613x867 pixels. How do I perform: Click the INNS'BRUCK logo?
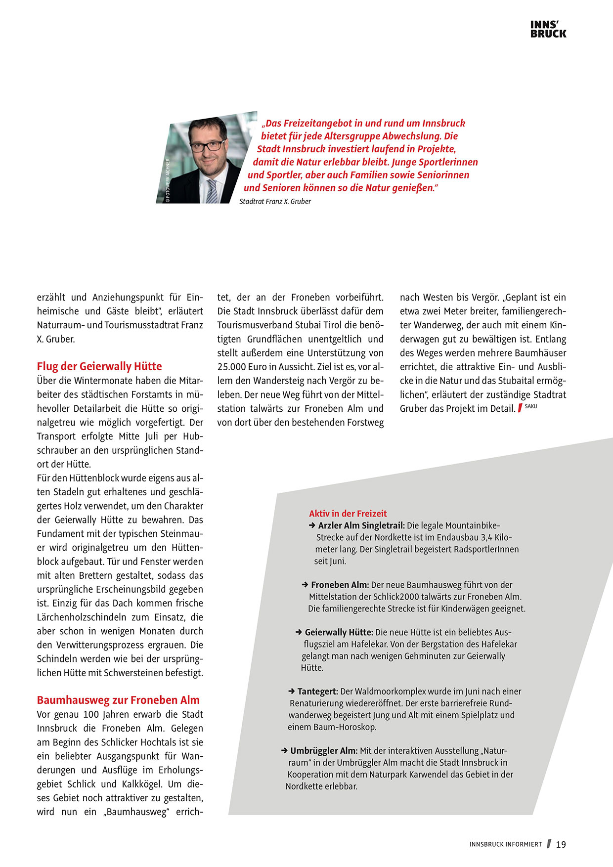pos(548,29)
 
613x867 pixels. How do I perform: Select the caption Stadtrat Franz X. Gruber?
pos(275,202)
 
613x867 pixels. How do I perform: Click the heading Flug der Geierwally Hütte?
pos(99,366)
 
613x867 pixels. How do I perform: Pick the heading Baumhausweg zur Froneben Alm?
pos(118,700)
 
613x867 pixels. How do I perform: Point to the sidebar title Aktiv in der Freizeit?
pos(348,514)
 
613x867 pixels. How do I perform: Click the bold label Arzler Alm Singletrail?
pos(361,525)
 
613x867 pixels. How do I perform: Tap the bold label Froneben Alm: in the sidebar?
pos(340,585)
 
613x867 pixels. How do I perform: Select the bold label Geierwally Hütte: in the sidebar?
pos(339,632)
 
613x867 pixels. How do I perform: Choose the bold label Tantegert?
pos(317,692)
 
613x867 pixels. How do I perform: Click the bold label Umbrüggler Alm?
pos(324,751)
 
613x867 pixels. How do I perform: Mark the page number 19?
pos(561,845)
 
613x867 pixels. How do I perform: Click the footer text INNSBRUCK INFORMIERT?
pos(506,845)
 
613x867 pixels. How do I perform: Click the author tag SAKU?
pos(531,406)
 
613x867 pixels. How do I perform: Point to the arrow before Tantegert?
pos(292,692)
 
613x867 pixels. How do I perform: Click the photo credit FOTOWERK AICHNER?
pos(168,180)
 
